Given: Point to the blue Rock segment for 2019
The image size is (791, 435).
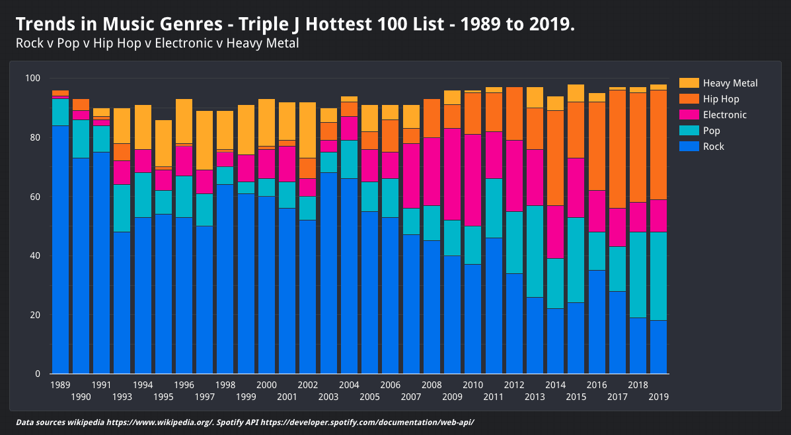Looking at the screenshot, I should click(x=658, y=347).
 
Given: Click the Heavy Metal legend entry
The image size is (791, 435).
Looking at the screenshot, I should click(x=730, y=83).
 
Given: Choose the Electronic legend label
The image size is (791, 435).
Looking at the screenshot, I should click(x=725, y=115).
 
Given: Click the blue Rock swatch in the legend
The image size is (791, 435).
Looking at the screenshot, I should click(x=689, y=147).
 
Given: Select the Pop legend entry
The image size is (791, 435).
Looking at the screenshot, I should click(x=712, y=131).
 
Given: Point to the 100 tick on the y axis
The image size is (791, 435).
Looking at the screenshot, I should click(x=33, y=79).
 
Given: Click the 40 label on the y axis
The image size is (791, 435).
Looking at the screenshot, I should click(x=36, y=256).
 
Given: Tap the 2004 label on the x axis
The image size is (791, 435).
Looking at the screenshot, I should click(x=349, y=385).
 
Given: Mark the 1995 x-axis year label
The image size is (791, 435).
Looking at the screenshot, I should click(x=163, y=397).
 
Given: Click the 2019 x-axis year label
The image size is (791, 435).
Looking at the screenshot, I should click(x=658, y=397).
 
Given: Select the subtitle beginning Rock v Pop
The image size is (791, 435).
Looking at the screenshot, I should click(x=157, y=44).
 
